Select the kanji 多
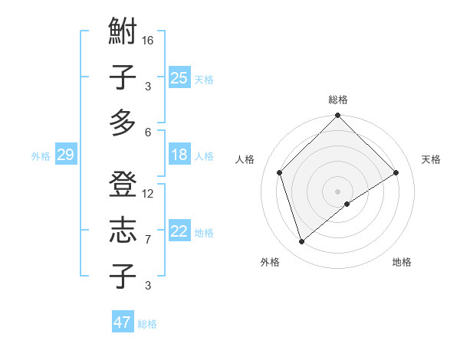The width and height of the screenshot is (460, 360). click(x=123, y=123)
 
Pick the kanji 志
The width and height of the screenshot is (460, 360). click(x=123, y=231)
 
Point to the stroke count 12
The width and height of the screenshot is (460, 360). click(x=149, y=193)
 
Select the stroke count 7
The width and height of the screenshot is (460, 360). click(x=148, y=240)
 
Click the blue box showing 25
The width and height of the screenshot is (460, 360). click(x=179, y=77)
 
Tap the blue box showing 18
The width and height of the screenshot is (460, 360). click(x=179, y=155)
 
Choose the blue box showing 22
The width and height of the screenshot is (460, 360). click(x=179, y=231)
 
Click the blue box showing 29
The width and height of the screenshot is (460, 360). click(x=65, y=155)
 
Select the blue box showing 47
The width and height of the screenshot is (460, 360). click(x=123, y=322)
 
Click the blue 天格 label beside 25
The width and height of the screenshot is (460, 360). click(x=204, y=79)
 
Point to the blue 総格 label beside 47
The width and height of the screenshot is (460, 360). click(x=147, y=324)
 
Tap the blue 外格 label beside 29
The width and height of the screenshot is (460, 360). click(x=41, y=156)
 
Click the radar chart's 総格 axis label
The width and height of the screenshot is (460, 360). click(x=338, y=100)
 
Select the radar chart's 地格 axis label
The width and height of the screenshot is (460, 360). click(x=402, y=262)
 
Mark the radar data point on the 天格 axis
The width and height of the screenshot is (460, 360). click(x=396, y=172)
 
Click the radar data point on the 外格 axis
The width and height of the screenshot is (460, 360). click(x=302, y=242)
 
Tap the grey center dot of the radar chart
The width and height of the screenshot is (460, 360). click(x=338, y=191)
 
